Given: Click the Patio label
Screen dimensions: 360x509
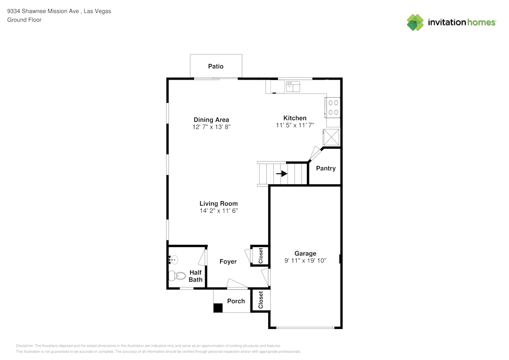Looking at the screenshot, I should coord(215,66).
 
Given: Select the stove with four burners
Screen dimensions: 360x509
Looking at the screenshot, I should coord(333,107).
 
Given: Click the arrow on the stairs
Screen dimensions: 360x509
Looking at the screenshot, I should coord(281,173).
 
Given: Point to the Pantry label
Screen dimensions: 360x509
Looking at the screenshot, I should coord(326,168).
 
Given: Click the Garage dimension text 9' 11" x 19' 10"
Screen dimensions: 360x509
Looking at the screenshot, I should coord(305,260).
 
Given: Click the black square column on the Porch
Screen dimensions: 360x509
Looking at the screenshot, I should coord(218,308).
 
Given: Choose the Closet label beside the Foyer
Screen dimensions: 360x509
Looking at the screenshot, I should coord(261,255).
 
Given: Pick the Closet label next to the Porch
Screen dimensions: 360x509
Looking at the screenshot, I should coord(261,300).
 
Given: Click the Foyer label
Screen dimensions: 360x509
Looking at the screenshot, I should coord(228,261).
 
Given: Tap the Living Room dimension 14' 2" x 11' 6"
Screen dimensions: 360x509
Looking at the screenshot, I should coord(218,210).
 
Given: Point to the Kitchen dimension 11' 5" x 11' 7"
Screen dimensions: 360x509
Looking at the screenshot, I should coord(295,125).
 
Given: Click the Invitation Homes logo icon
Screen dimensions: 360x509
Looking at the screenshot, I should coord(415,22).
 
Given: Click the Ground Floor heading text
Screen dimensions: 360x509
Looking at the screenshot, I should coord(24,20).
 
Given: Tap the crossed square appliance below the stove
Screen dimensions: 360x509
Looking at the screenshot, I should coord(331,136).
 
